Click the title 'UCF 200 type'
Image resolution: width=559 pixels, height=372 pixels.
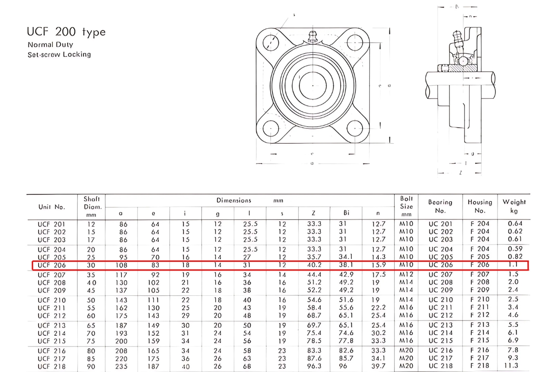[x=66, y=32]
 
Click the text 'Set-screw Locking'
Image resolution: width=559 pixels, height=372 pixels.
[x=59, y=54]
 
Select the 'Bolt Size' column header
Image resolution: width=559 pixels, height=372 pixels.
[x=406, y=206]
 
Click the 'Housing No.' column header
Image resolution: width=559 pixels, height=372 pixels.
[x=480, y=206]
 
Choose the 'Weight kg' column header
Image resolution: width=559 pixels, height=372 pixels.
[x=514, y=206]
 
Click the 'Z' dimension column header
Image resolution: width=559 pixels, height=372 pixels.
[x=314, y=213]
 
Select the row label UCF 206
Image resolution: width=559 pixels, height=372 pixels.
[x=52, y=265]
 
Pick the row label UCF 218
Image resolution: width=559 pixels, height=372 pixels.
[x=52, y=366]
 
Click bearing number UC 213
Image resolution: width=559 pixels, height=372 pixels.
[x=440, y=325]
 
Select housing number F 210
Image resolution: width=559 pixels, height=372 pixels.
[x=479, y=300]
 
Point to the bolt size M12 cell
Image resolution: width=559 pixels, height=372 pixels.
[x=406, y=275]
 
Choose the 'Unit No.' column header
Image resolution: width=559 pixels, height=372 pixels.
[x=52, y=207]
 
